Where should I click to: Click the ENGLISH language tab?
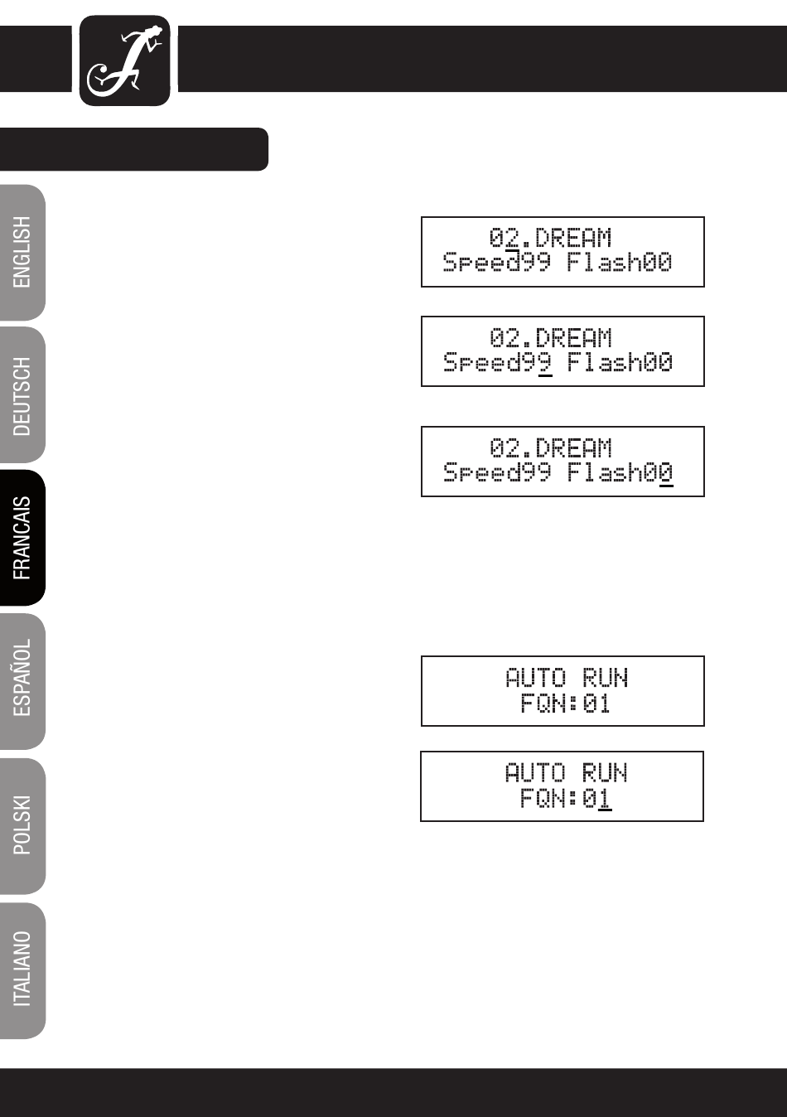pos(22,253)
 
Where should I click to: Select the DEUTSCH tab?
pos(22,395)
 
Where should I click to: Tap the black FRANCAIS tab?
pos(22,538)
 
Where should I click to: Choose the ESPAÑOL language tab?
pos(22,680)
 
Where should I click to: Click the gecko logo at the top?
pos(124,60)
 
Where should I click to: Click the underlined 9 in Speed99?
pos(545,363)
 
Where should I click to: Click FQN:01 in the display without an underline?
pos(565,704)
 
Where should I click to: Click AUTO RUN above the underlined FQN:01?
pos(566,773)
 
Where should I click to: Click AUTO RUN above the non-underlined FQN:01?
pos(566,678)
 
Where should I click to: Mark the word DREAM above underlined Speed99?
pos(573,338)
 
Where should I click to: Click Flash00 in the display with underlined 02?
pos(620,263)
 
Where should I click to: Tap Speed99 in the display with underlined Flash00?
pos(497,472)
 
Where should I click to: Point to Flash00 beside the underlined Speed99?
pos(620,362)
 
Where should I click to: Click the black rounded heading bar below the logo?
pos(134,149)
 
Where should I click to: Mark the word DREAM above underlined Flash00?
pos(573,448)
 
